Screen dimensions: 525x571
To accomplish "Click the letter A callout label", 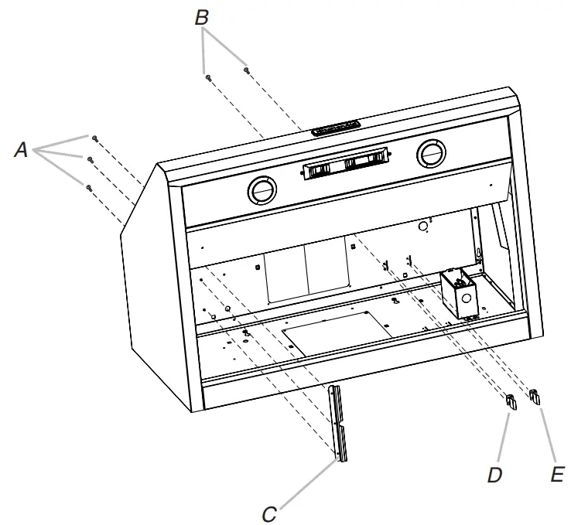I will click(21, 150).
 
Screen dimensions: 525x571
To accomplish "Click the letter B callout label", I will click(202, 17).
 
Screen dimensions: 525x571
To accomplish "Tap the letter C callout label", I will click(269, 513).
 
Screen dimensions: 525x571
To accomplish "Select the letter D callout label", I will click(495, 474).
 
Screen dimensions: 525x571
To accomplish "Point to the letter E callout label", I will click(556, 474).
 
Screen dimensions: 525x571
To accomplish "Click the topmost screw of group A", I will click(94, 138).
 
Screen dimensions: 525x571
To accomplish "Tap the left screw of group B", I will click(208, 76).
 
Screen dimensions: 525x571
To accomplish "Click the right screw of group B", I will click(246, 70).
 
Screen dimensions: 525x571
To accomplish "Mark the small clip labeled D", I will click(511, 400).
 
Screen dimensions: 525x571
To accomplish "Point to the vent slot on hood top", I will click(335, 127).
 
